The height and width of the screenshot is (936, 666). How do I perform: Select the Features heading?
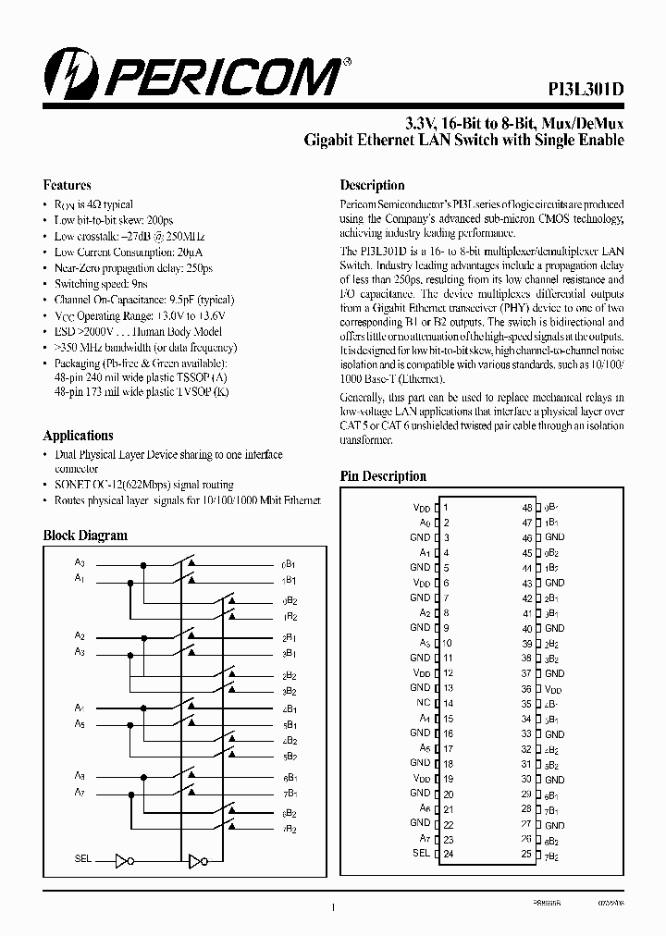[x=67, y=185]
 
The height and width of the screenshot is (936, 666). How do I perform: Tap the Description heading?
[x=372, y=185]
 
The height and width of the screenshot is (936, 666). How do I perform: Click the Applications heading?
[x=78, y=436]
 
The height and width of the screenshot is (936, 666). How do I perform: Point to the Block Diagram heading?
[x=85, y=536]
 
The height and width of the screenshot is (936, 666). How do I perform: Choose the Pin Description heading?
[x=383, y=476]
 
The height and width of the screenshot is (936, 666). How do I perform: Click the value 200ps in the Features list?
[x=159, y=219]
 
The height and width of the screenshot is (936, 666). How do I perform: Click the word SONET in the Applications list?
[x=72, y=485]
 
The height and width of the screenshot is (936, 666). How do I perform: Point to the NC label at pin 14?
[x=424, y=703]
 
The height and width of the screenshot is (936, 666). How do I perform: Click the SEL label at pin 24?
[x=421, y=853]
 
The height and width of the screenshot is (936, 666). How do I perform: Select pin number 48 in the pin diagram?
[x=527, y=508]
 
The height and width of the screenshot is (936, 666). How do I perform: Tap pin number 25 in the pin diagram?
[x=527, y=854]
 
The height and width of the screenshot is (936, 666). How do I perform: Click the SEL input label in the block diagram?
[x=82, y=859]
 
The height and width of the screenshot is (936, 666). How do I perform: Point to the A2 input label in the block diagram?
[x=80, y=636]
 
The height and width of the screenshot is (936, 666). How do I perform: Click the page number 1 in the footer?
[x=332, y=910]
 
